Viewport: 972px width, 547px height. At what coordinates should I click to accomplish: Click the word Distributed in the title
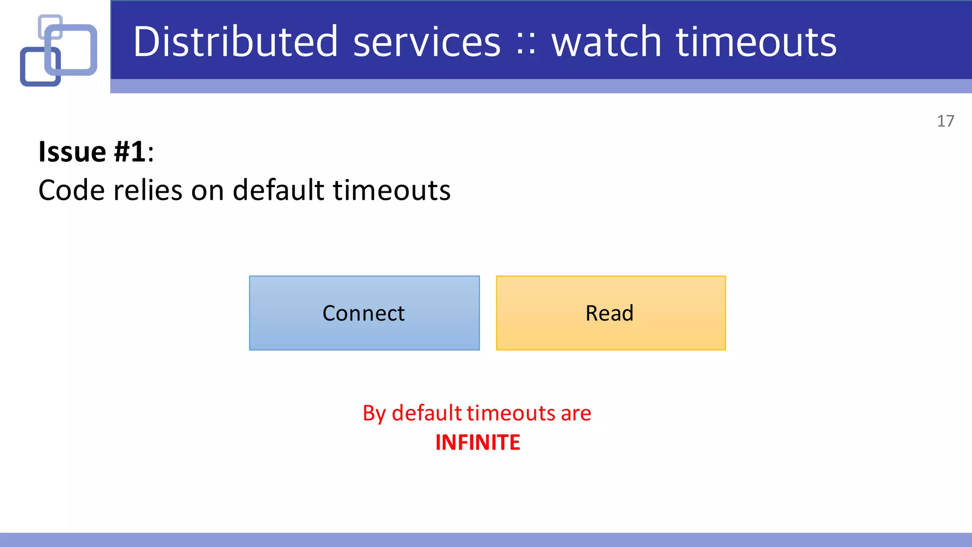235,42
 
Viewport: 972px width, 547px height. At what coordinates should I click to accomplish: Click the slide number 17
945,121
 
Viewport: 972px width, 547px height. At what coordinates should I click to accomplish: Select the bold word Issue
72,152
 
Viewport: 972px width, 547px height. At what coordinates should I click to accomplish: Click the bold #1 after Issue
130,152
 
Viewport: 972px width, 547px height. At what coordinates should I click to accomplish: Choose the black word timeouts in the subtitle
392,190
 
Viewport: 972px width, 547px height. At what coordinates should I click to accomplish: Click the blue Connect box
364,313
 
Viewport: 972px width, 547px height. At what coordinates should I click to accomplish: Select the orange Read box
610,313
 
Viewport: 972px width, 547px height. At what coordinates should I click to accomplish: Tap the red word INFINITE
477,443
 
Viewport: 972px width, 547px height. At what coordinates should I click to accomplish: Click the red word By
374,414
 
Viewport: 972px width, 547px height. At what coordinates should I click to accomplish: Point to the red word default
427,413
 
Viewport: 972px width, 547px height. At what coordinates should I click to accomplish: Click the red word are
576,414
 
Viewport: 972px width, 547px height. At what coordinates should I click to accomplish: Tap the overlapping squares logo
58,50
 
